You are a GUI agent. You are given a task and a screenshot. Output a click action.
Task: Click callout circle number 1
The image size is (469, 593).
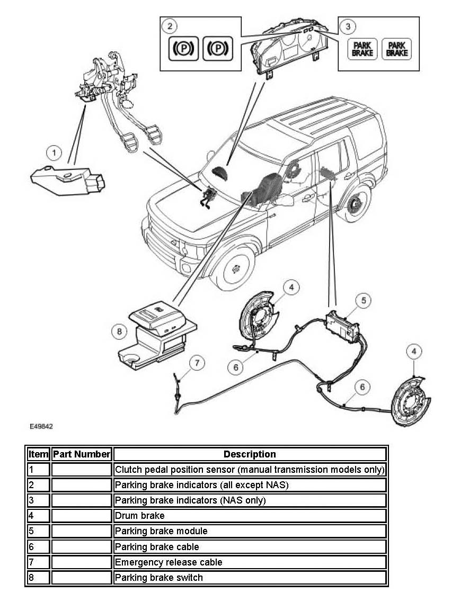point(54,154)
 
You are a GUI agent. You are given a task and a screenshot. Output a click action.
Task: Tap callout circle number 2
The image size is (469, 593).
point(170,25)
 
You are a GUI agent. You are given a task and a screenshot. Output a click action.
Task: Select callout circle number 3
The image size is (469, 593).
point(347,25)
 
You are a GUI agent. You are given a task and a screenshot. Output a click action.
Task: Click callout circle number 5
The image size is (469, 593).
point(363,301)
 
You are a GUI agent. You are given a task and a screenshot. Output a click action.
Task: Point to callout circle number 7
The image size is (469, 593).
point(197,363)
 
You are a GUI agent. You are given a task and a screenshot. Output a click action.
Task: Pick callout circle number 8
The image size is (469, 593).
point(119,332)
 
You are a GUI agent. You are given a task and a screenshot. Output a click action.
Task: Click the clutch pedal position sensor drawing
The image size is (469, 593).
point(68,181)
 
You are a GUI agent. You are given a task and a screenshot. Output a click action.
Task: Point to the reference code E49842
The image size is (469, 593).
point(41,426)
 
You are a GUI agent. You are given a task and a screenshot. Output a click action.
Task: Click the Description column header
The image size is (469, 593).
point(250,454)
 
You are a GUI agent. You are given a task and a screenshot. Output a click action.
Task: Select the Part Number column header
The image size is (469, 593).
point(82,454)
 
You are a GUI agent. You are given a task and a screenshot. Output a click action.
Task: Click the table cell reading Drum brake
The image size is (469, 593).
point(250,516)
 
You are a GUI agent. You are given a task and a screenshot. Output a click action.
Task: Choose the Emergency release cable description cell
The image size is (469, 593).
point(250,562)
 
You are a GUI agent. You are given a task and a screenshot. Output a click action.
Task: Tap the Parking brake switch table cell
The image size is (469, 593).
point(250,578)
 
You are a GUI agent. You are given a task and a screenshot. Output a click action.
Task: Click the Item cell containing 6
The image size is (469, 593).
point(38,547)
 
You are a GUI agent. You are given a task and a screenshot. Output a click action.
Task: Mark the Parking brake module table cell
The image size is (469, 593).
point(250,531)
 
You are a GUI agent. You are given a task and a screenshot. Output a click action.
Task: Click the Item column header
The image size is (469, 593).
point(38,454)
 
